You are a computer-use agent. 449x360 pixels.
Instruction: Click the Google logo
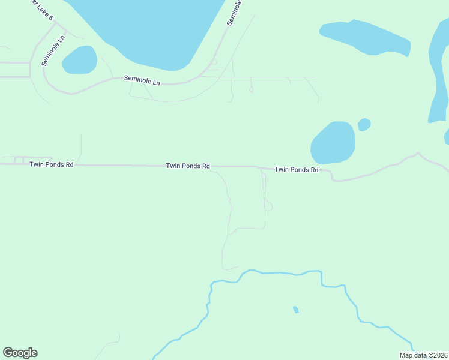20,353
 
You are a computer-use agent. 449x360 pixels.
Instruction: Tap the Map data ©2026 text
423,355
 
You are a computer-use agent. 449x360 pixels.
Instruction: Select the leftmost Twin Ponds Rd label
52,164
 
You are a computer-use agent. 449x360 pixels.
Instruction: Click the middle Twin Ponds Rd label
188,166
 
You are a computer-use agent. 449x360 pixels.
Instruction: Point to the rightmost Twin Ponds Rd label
296,170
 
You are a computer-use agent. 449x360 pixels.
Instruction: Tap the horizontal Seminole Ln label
142,79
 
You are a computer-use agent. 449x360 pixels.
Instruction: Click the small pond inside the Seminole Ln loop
80,60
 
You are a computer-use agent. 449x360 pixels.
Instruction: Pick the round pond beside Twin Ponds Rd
333,143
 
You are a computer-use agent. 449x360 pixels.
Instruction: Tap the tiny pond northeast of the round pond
364,124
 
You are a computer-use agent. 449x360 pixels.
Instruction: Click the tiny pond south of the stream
295,310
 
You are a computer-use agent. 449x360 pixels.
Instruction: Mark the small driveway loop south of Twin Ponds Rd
268,206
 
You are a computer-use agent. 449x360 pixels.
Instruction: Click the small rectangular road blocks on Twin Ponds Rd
19,160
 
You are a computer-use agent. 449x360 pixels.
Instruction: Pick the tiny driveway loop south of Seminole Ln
250,90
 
